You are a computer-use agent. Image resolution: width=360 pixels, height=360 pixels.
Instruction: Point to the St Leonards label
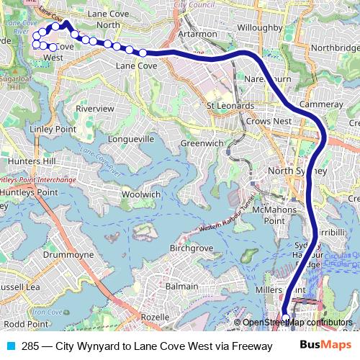(x=230, y=107)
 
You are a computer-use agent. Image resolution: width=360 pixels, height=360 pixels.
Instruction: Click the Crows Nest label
(x=268, y=122)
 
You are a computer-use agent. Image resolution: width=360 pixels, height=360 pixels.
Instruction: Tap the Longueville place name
(x=130, y=138)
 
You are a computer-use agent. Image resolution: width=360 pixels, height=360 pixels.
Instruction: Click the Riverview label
(x=95, y=108)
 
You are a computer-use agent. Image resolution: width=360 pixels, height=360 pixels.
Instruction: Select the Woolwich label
(x=141, y=194)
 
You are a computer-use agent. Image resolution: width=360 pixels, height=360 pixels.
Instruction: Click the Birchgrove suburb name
(x=191, y=248)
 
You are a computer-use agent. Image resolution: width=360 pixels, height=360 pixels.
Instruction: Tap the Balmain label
(x=182, y=286)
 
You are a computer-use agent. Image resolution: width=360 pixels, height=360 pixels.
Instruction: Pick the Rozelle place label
(x=156, y=317)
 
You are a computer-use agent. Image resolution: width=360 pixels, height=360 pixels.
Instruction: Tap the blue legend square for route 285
(x=9, y=346)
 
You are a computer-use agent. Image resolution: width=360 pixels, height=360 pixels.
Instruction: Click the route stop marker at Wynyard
(x=286, y=315)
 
